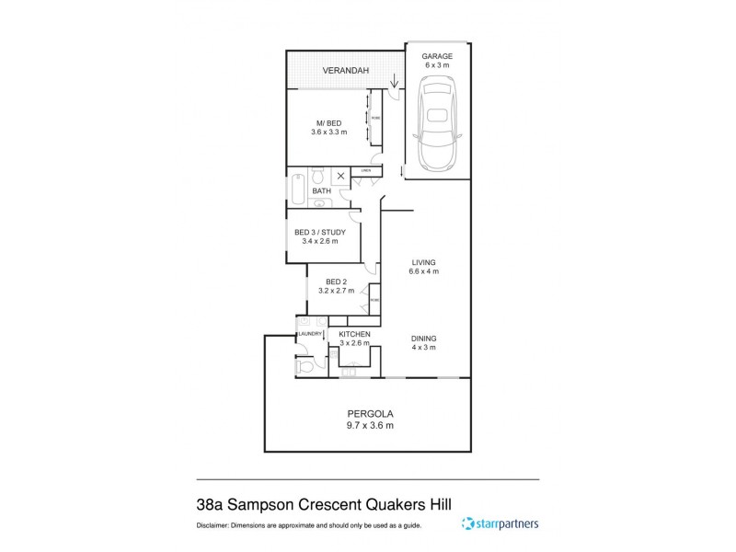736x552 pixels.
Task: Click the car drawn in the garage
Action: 437,124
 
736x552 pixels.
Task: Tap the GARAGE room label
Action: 437,56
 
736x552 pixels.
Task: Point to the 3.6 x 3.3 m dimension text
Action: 328,132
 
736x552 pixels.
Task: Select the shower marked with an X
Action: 340,175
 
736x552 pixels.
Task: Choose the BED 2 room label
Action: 336,282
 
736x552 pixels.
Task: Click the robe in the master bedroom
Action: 374,117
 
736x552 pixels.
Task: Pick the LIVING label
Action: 424,262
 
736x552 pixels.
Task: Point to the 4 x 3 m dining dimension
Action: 424,347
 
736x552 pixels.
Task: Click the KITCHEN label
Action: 354,334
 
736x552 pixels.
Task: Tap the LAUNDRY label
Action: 309,334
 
